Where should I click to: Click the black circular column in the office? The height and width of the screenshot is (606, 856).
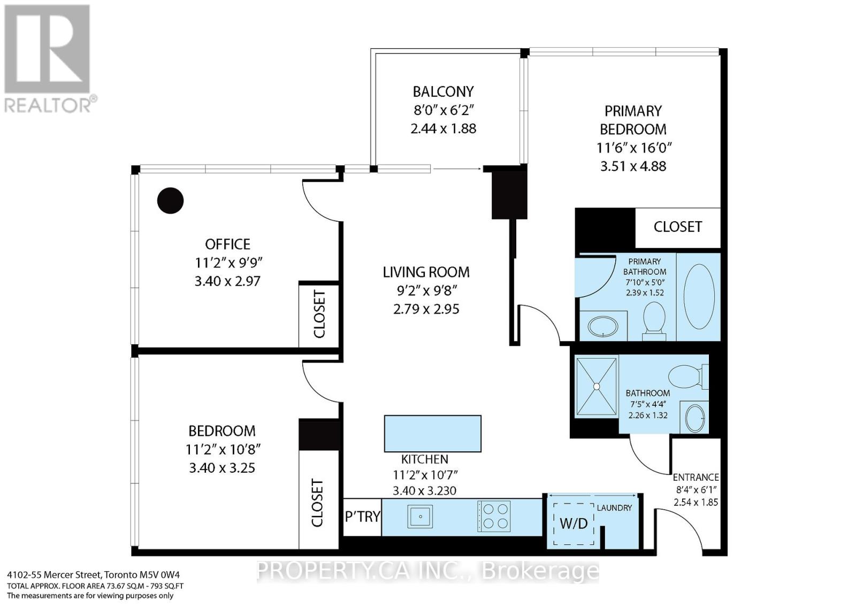170,201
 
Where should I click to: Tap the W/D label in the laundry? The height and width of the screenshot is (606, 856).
573,524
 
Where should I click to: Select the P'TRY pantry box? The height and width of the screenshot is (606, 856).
362,517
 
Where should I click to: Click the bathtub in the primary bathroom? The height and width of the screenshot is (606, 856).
699,296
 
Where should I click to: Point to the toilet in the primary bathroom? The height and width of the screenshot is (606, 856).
654,320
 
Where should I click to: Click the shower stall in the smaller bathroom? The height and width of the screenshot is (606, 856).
596,386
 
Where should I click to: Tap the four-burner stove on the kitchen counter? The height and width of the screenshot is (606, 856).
494,517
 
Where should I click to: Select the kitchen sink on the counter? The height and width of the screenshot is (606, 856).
420,517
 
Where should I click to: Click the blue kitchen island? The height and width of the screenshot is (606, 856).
432,434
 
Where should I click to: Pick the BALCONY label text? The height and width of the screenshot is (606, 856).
443,92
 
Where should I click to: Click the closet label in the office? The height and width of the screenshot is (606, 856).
319,314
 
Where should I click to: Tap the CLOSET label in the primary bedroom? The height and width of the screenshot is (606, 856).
677,227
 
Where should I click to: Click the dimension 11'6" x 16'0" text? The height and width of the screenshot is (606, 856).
633,148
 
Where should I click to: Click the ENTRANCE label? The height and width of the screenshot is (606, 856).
695,477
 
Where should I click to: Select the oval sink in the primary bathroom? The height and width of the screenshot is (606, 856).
602,327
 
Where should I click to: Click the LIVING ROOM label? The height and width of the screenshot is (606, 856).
426,272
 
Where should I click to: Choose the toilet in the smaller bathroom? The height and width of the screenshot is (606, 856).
687,376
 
